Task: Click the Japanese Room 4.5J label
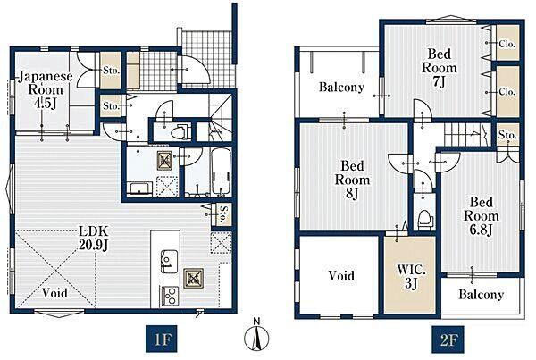point(46,89)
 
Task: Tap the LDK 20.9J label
point(94,238)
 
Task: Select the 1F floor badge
point(162,339)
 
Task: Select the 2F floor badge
point(448,339)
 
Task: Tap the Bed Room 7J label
point(440,68)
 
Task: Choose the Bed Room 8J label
point(352,180)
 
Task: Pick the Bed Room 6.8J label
point(481,216)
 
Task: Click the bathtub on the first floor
point(222,172)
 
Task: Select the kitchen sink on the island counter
point(169,262)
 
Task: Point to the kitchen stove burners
point(169,296)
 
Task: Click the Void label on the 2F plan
point(341,275)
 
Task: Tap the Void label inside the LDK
point(54,293)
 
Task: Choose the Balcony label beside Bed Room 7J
point(341,88)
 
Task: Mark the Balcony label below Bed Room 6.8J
point(481,295)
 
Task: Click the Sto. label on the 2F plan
point(507,135)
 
